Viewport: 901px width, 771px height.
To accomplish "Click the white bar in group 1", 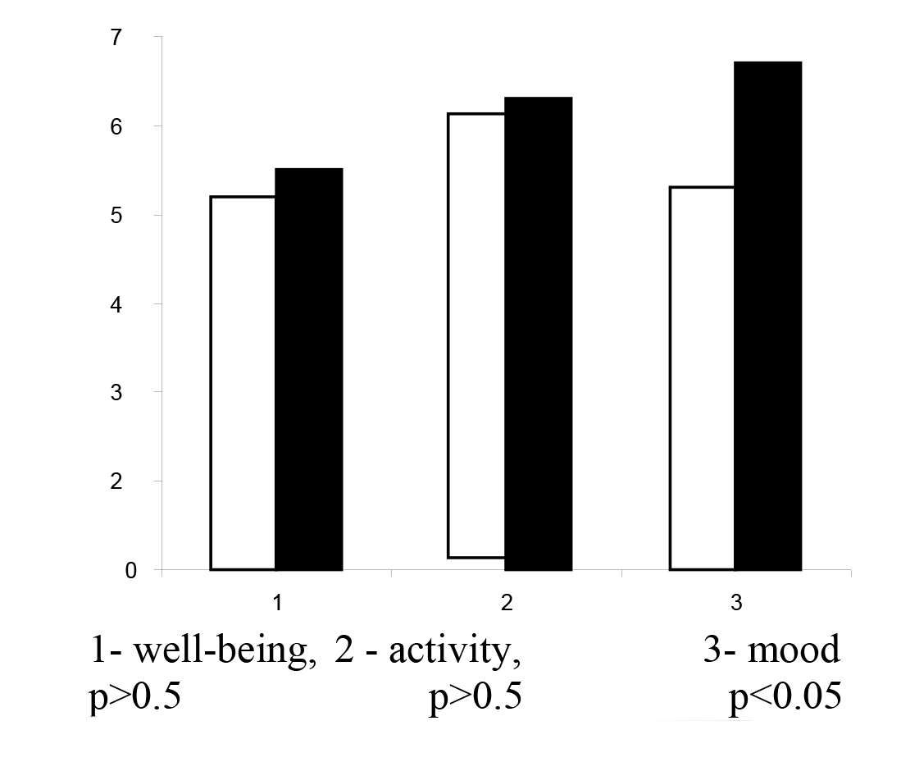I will (x=243, y=383).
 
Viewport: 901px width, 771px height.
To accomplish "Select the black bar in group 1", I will (x=308, y=369).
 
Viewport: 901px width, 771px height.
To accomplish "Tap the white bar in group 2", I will (x=476, y=335).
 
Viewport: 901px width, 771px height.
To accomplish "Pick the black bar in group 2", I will (x=538, y=333).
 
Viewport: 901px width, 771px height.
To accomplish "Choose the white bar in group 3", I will (x=702, y=378).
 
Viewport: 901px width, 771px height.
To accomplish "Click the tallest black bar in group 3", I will (x=767, y=316).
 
